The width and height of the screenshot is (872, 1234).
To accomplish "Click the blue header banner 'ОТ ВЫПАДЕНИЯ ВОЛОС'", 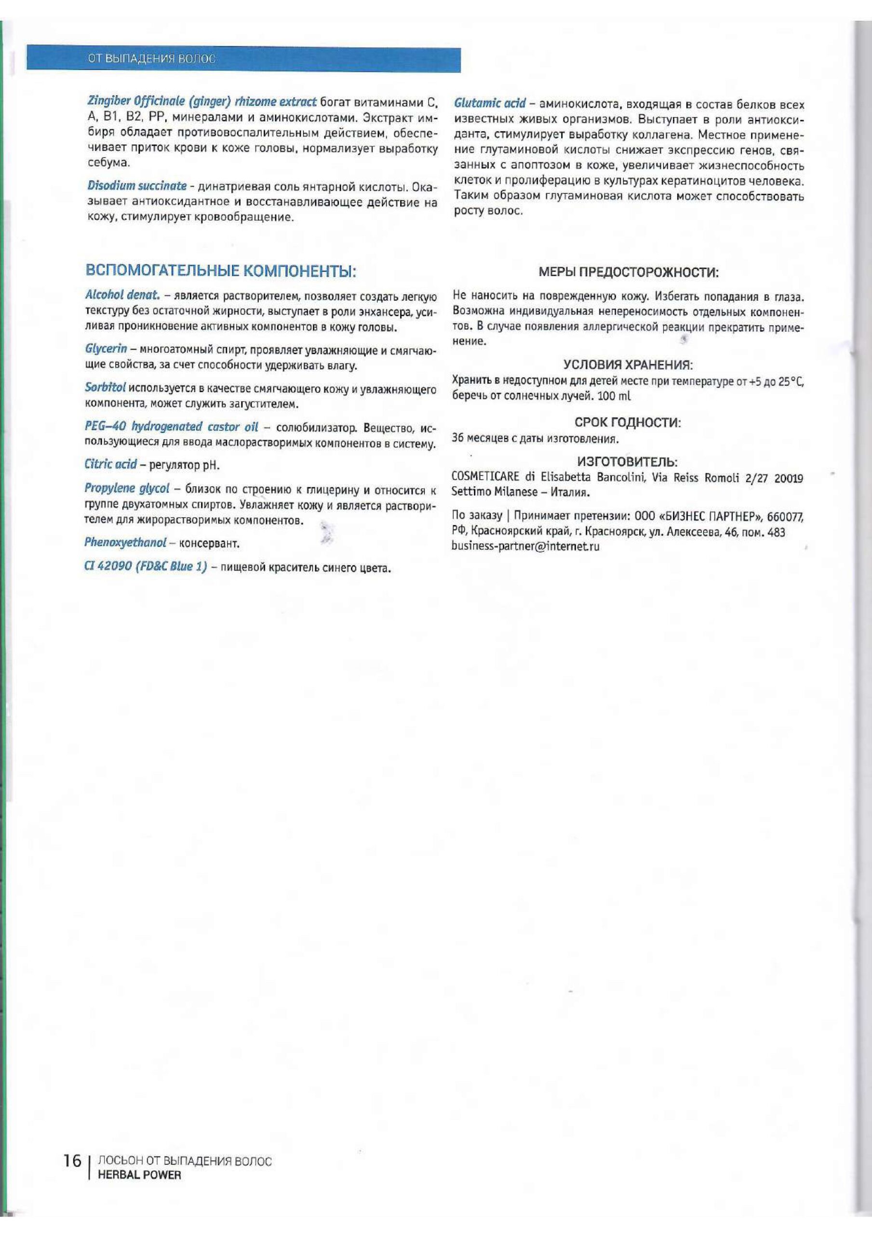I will (243, 60).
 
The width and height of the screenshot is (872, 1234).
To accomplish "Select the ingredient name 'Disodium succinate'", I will (137, 186).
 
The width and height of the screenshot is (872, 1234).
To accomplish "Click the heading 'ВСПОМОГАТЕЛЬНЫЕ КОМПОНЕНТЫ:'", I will (220, 270).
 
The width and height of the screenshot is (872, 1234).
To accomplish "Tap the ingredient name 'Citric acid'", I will (111, 464).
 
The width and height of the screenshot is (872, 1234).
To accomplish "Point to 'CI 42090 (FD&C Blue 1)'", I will (146, 567).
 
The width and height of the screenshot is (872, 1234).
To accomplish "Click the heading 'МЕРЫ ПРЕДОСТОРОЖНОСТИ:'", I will (629, 272).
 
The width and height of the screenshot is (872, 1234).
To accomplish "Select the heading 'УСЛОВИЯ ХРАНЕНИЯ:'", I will (628, 365).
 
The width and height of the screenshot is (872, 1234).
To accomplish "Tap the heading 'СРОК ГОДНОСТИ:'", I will (628, 422).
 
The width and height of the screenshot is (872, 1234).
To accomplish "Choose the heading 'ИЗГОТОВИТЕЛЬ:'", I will (628, 462).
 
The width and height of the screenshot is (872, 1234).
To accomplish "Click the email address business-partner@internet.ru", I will (525, 547).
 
